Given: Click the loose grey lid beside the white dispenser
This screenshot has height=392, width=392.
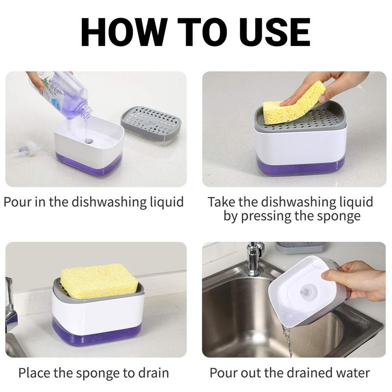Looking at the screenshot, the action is (151, 123).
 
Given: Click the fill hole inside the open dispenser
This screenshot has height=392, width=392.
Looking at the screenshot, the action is (89, 141).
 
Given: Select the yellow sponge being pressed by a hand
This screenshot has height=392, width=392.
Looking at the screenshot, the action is (294, 103).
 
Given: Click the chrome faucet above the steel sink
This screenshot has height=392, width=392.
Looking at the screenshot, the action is (254, 259).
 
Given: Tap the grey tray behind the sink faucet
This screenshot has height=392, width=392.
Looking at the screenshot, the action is (301, 247).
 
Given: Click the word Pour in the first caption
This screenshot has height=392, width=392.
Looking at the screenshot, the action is (17, 202).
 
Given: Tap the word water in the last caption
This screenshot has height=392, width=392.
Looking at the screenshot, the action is (352, 372).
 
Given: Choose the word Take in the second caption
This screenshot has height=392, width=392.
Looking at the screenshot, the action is (221, 202).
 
